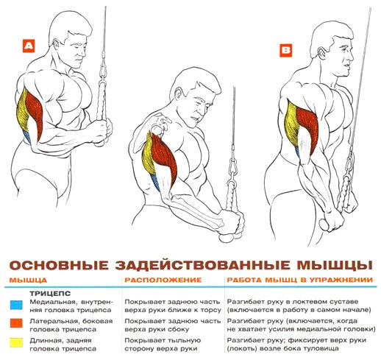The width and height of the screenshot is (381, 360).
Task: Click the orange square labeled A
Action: (29, 46)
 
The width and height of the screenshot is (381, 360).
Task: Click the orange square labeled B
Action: (286, 51)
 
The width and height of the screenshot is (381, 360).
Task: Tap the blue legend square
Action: (16, 305)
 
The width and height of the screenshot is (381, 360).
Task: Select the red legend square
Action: (16, 323)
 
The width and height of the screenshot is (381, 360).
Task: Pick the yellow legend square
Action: (16, 342)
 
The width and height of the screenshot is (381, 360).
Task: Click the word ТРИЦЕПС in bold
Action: (50, 294)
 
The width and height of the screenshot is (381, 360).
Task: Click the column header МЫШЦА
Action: (28, 280)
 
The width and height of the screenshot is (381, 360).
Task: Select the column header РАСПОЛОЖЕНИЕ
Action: (163, 280)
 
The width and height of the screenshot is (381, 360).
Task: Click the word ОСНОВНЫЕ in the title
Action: (59, 266)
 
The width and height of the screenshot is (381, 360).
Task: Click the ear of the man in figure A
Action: (57, 44)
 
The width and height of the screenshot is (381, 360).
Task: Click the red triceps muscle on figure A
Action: (35, 112)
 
